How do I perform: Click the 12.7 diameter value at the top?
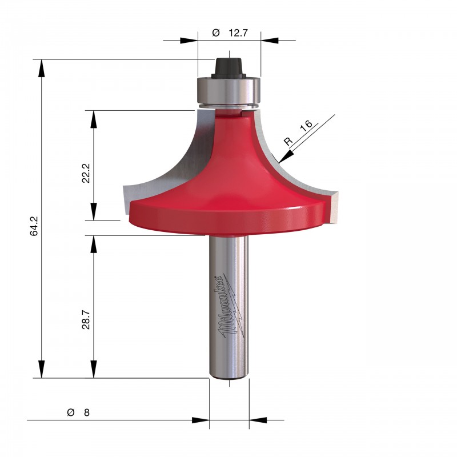pyautogui.click(x=238, y=33)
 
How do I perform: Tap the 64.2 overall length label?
pyautogui.click(x=34, y=226)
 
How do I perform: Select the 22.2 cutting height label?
pyautogui.click(x=86, y=173)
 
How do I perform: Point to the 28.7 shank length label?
pyautogui.click(x=86, y=320)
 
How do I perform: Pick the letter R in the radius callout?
pyautogui.click(x=288, y=142)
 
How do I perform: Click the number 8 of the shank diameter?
pyautogui.click(x=87, y=412)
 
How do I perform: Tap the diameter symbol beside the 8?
pyautogui.click(x=71, y=412)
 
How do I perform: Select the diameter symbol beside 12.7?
pyautogui.click(x=216, y=33)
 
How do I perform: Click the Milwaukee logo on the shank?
pyautogui.click(x=230, y=306)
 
